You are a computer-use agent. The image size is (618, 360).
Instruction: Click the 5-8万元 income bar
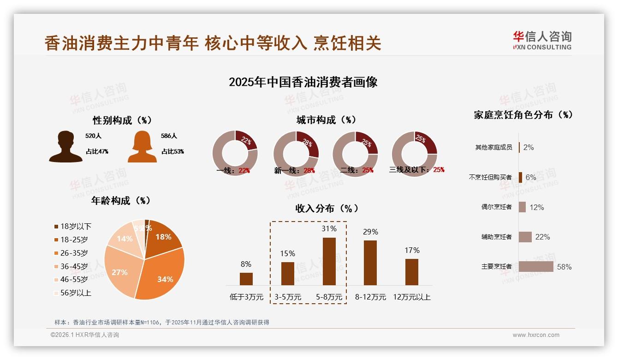coord(329,261)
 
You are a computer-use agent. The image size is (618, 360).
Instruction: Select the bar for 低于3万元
coord(246,279)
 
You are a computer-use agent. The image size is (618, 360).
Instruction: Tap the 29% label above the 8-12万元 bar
coord(370,232)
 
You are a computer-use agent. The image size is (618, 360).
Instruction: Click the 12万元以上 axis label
coord(411,297)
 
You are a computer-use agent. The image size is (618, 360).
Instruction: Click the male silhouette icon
coord(65,146)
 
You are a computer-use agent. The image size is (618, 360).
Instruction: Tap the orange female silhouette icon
coord(142,146)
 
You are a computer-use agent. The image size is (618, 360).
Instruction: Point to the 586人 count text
coord(169,136)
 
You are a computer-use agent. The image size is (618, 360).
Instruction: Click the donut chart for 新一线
coord(296,154)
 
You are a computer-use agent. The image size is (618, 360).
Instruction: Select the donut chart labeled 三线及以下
coord(414,154)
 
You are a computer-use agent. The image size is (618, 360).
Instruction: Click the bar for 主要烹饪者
coord(536,266)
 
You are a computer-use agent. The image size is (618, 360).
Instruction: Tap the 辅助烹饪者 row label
coord(496,237)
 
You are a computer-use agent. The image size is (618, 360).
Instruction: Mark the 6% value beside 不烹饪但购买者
coord(531,177)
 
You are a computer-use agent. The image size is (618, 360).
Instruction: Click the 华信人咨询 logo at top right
coord(542,40)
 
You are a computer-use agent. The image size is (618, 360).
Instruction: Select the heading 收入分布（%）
coord(327,208)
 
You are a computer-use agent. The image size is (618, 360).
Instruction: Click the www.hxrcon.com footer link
coord(536,335)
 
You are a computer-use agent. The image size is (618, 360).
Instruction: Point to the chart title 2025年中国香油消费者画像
coord(303,82)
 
